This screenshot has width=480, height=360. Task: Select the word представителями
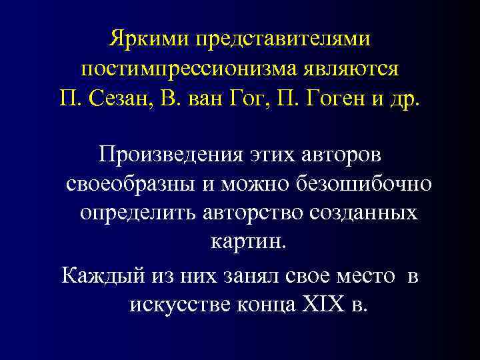(x=282, y=38)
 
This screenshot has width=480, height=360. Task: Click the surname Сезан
(x=134, y=101)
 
